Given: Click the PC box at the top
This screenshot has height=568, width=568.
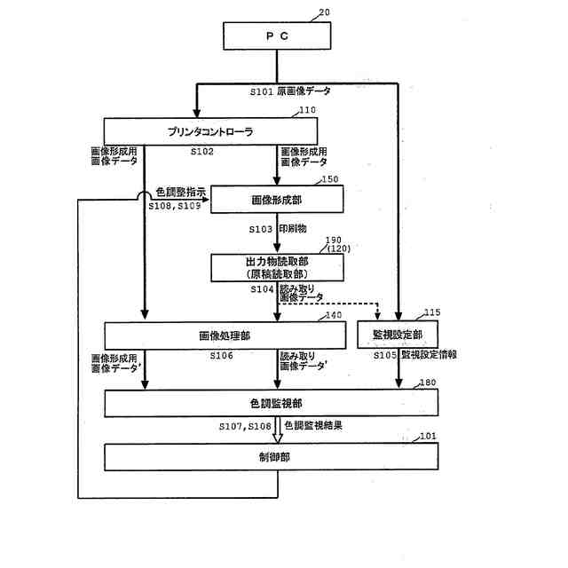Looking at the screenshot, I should click(277, 37).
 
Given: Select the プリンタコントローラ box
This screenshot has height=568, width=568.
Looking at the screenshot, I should click(210, 132).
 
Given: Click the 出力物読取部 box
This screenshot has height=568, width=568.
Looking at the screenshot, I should click(276, 267).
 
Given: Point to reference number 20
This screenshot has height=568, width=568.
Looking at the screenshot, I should click(322, 13).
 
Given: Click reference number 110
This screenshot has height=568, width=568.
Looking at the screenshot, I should click(307, 111).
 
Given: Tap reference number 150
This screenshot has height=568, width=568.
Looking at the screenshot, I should click(330, 180).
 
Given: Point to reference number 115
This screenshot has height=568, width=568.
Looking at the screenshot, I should click(431, 313).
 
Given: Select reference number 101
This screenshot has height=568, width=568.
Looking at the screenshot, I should click(429, 436).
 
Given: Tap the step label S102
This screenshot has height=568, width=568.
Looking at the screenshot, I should click(202, 152).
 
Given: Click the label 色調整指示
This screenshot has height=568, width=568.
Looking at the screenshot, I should click(181, 191).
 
